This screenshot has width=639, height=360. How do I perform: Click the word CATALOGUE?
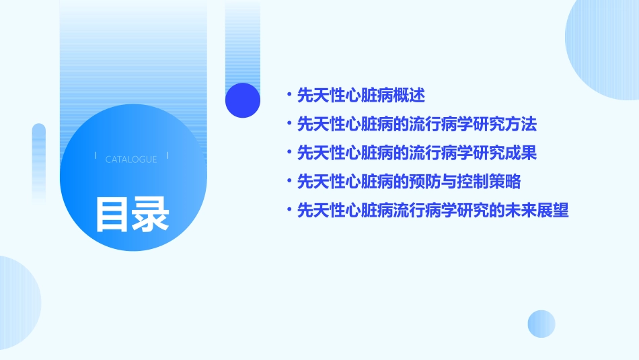131,159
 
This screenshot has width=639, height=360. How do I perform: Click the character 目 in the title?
112,214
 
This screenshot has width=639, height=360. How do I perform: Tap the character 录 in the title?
151,214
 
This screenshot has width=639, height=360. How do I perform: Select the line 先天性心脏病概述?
361,96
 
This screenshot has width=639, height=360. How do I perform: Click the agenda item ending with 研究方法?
417,124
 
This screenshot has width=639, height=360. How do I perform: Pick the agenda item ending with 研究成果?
417,153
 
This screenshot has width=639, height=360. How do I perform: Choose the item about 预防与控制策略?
409,182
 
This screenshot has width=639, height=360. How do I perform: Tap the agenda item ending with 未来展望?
433,211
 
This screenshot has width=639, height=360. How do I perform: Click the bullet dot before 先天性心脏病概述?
289,96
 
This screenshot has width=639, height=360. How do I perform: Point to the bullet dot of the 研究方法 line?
289,124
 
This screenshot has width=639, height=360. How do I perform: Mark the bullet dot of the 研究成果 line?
289,153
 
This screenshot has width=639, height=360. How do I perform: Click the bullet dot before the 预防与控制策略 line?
289,182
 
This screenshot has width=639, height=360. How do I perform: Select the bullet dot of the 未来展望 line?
289,211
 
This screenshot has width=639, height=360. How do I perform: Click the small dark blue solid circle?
243,100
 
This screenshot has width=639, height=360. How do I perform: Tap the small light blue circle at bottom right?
541,324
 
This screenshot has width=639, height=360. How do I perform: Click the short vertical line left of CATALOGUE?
96,155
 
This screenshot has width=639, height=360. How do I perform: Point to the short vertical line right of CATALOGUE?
167,155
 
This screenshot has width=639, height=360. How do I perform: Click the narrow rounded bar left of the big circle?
39,161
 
